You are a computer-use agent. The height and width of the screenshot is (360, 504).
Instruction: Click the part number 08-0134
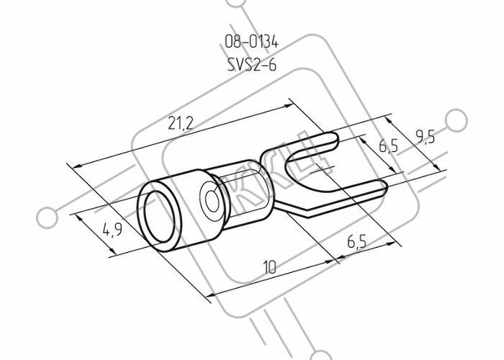coord(251,42)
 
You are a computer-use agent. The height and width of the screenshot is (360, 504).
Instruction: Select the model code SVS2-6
coord(252,65)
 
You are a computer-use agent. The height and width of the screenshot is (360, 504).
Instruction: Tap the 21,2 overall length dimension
coord(180,123)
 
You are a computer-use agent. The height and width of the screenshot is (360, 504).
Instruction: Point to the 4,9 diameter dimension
coord(112,230)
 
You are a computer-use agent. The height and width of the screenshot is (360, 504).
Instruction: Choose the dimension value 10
coord(270,267)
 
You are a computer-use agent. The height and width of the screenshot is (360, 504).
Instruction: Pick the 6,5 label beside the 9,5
coord(388,145)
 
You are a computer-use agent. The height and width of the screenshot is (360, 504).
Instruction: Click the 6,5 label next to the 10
coord(357,241)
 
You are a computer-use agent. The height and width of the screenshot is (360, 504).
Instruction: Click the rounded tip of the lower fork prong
coord(384,188)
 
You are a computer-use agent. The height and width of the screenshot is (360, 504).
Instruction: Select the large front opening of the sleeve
coord(159,216)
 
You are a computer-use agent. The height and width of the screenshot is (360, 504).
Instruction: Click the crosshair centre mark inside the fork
coord(323,168)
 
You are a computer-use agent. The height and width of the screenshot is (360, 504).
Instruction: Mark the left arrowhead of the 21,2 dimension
coord(77,166)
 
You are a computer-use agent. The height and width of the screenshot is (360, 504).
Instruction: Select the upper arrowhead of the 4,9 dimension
coord(78,217)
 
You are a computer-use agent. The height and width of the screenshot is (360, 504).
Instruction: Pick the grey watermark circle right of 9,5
coord(456,120)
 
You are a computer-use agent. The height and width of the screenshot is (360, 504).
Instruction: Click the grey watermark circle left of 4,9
coord(48,217)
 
